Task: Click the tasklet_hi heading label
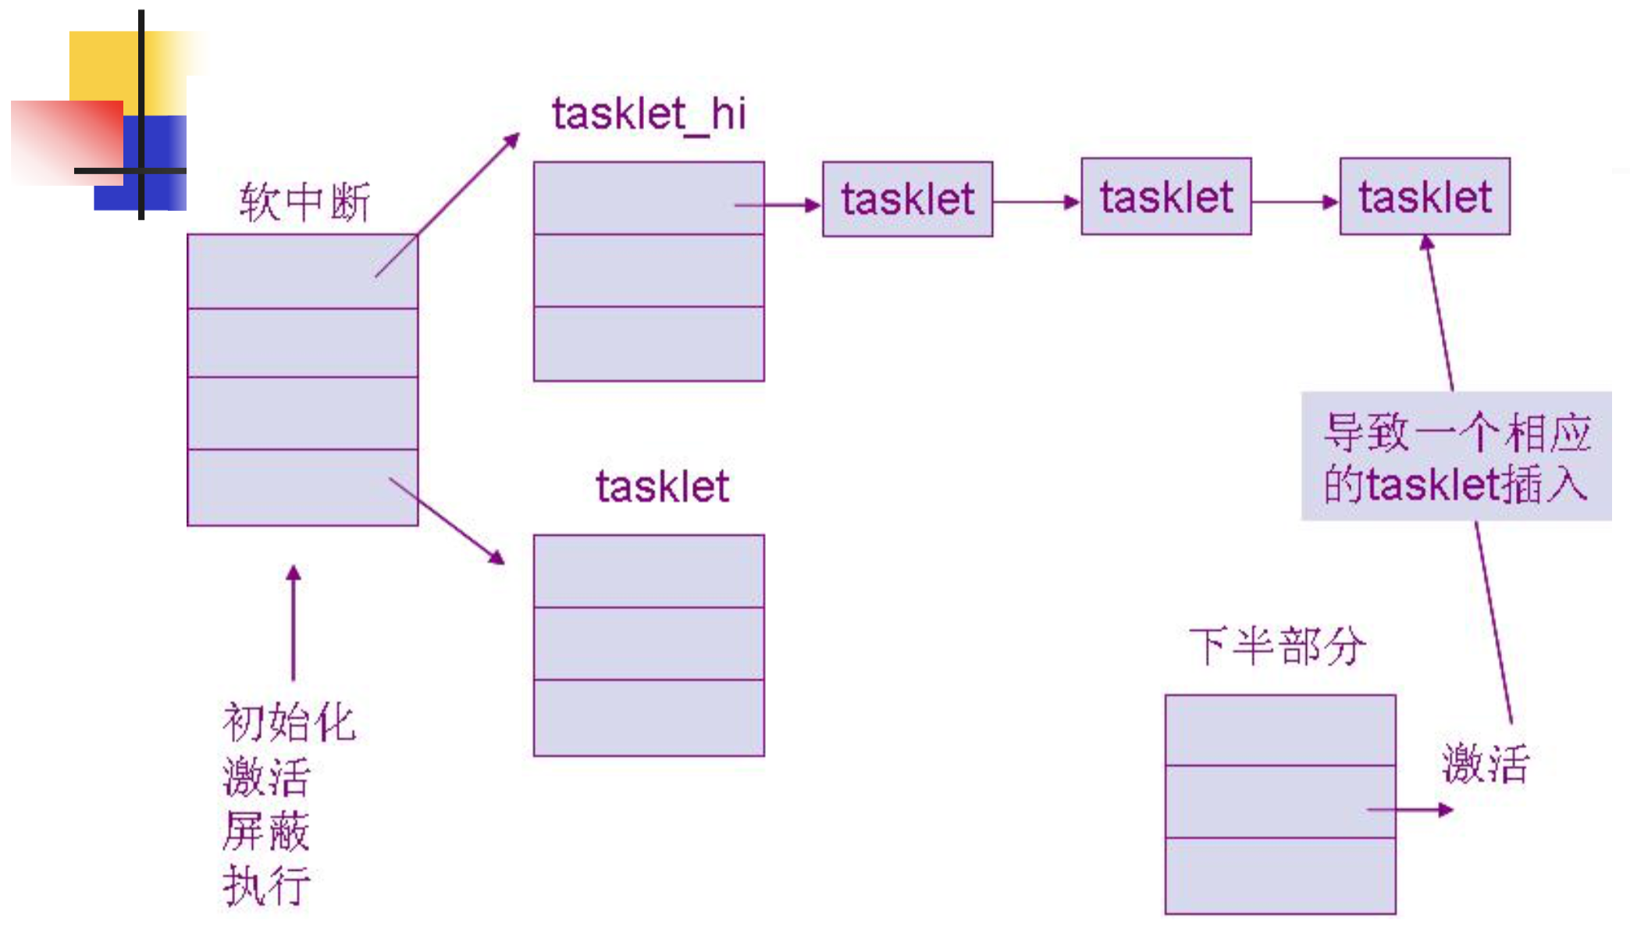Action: pos(649,115)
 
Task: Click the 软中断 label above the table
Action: pos(304,202)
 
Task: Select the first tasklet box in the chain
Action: pos(907,199)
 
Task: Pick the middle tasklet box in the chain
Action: pos(1166,197)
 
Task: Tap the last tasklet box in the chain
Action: pos(1425,197)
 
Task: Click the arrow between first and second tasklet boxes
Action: pos(1037,202)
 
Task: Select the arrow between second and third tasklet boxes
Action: pos(1295,202)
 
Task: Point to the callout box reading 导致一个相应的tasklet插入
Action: pos(1456,457)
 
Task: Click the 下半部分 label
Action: pos(1277,646)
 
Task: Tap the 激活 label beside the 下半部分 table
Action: pos(1485,763)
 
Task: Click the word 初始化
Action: pos(289,722)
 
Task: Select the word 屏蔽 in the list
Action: pos(266,831)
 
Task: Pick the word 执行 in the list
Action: pos(266,886)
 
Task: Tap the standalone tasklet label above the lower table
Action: pos(662,487)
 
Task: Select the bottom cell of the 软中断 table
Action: pos(303,487)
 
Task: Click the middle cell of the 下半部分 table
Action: pos(1280,801)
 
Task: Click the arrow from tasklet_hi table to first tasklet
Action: pos(778,205)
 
